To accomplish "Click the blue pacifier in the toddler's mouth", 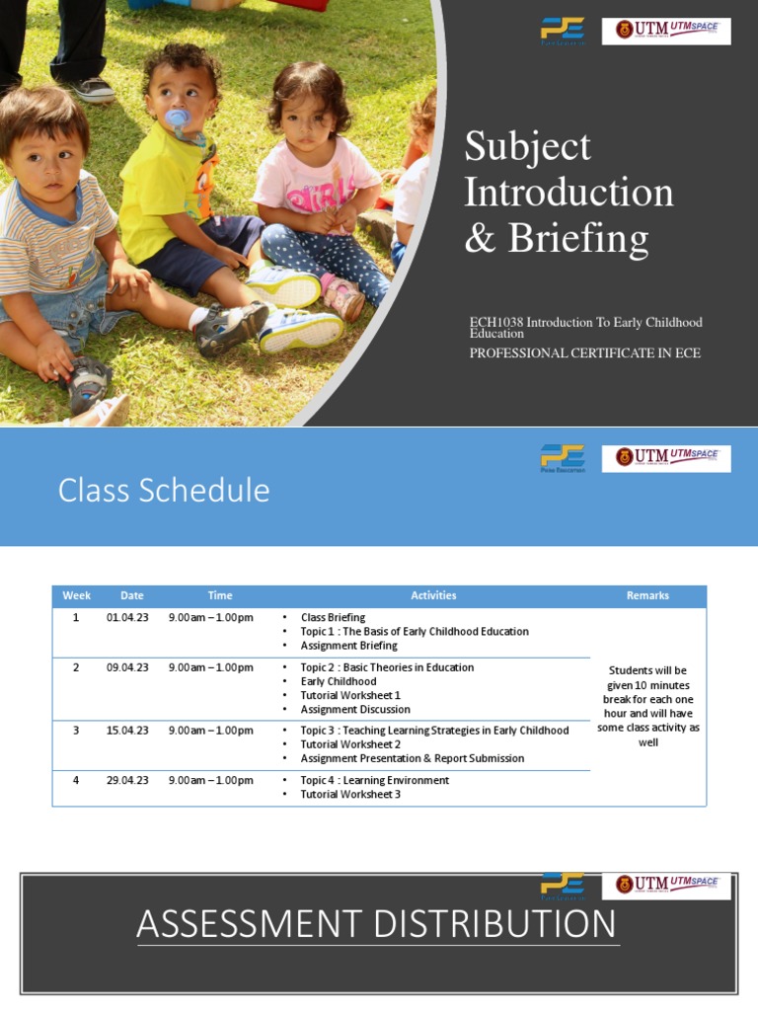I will pyautogui.click(x=178, y=119).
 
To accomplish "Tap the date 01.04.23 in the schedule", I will pyautogui.click(x=127, y=618).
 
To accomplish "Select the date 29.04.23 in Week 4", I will pyautogui.click(x=127, y=780).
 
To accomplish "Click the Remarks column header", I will pyautogui.click(x=647, y=595).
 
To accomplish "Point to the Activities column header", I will pyautogui.click(x=433, y=595).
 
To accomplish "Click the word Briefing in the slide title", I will pyautogui.click(x=578, y=239).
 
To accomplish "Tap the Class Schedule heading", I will pyautogui.click(x=164, y=490).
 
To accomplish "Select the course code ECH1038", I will pyautogui.click(x=496, y=323).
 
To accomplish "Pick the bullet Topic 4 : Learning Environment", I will pyautogui.click(x=374, y=780).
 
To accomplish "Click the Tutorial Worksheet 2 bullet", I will pyautogui.click(x=350, y=744).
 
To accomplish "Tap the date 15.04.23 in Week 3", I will pyautogui.click(x=127, y=731).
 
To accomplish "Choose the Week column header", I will pyautogui.click(x=76, y=595).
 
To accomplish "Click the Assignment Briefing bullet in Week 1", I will pyautogui.click(x=348, y=646).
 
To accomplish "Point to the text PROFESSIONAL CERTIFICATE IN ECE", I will pyautogui.click(x=585, y=352).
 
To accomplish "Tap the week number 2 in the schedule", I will pyautogui.click(x=75, y=667).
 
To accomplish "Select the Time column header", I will pyautogui.click(x=220, y=595).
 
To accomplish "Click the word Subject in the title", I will pyautogui.click(x=527, y=147).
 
